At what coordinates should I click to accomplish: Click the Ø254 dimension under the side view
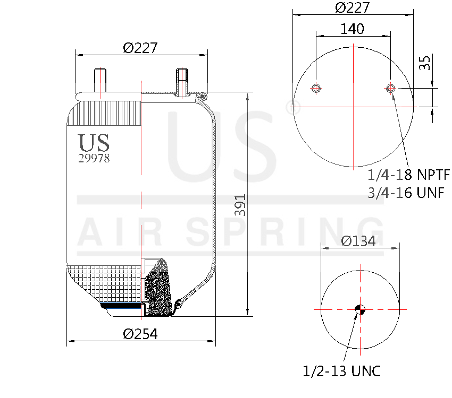point(140,334)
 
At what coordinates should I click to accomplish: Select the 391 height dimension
point(241,204)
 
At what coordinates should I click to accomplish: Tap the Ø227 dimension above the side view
point(140,48)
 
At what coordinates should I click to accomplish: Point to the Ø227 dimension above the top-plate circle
point(352,8)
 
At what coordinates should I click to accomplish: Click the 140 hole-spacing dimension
point(352,29)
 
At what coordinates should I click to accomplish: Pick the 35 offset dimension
point(424,63)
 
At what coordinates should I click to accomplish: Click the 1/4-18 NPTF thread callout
point(408,175)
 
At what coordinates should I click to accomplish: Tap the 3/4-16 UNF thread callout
point(406,192)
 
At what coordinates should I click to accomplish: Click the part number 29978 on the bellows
point(94,158)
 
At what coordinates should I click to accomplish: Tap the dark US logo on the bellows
point(94,142)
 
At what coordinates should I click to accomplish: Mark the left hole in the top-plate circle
point(316,88)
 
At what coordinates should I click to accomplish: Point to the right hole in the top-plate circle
point(390,88)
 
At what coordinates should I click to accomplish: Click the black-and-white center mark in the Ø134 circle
point(359,309)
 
